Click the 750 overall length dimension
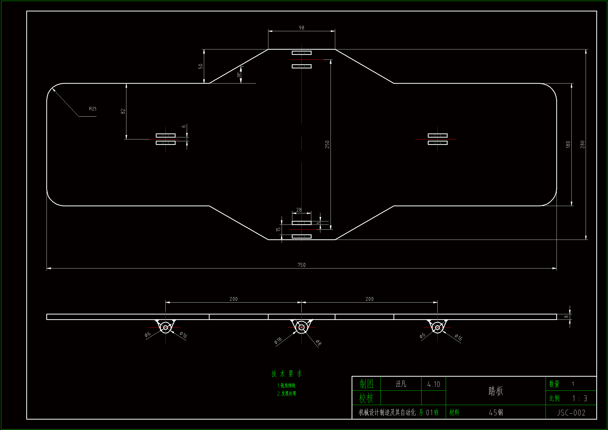point(301,265)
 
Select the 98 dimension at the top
point(301,28)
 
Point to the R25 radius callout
point(93,109)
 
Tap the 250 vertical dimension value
point(327,144)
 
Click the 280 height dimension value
point(583,144)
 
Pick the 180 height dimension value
point(568,144)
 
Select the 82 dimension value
point(123,111)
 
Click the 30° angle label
point(238,75)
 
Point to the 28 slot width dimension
point(299,210)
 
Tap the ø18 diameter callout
point(278,341)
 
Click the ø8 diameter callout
point(319,343)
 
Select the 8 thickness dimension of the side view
point(566,317)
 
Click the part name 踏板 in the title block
point(495,391)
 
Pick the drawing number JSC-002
point(571,413)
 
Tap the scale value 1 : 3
point(580,398)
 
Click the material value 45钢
point(496,413)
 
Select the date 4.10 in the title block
point(434,384)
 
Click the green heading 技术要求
point(287,374)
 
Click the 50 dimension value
point(201,66)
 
